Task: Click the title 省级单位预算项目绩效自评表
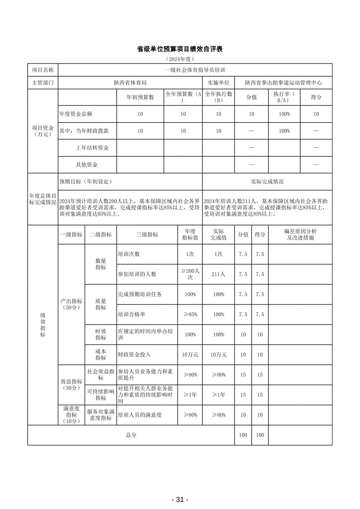[180, 49]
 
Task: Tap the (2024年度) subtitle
[180, 59]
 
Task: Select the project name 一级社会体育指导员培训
[195, 70]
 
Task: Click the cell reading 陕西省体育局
[130, 83]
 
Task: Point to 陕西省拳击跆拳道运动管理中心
[283, 83]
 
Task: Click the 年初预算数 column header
[140, 97]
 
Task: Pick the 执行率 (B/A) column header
[284, 97]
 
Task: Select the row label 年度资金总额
[76, 114]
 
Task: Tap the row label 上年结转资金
[92, 148]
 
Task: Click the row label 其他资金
[87, 165]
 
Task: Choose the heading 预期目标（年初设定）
[86, 182]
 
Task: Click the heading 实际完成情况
[267, 182]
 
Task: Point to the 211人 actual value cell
[218, 274]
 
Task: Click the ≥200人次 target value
[190, 274]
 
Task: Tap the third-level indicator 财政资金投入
[134, 355]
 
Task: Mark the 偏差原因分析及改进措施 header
[300, 235]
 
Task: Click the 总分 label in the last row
[131, 435]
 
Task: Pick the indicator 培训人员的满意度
[140, 415]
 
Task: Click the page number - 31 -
[180, 500]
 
